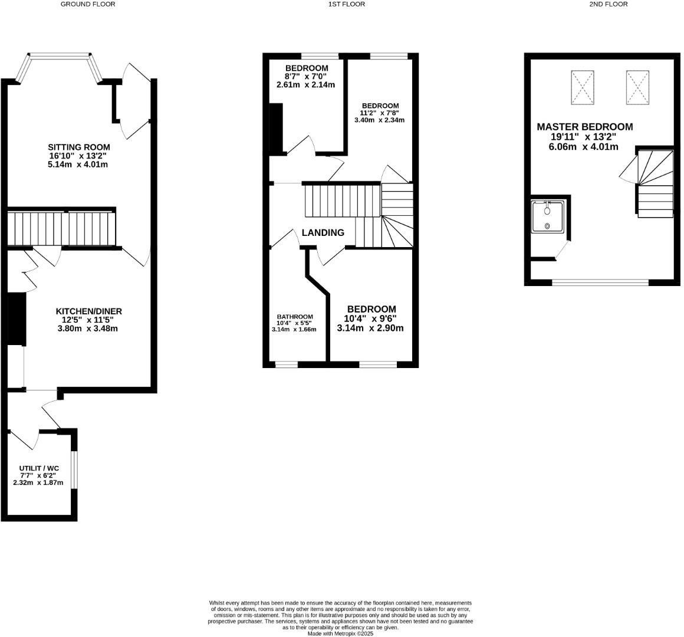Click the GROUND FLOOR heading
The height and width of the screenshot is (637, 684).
[88, 4]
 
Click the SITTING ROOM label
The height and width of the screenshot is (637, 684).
[79, 147]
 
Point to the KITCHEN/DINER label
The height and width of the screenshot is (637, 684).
[88, 311]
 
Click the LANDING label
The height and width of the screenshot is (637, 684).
[323, 233]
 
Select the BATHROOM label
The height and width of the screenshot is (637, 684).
[295, 317]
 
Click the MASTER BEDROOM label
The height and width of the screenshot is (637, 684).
[584, 127]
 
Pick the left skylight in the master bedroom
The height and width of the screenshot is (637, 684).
[583, 87]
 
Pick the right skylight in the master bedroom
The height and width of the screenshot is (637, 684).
[637, 87]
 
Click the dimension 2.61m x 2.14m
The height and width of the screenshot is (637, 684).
[305, 85]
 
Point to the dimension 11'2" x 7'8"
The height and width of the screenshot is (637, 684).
[379, 113]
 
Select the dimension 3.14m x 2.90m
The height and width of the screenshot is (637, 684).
[370, 328]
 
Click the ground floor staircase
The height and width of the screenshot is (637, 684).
[61, 228]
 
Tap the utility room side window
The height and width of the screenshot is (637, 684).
[74, 470]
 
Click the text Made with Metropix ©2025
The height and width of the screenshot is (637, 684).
[340, 633]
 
